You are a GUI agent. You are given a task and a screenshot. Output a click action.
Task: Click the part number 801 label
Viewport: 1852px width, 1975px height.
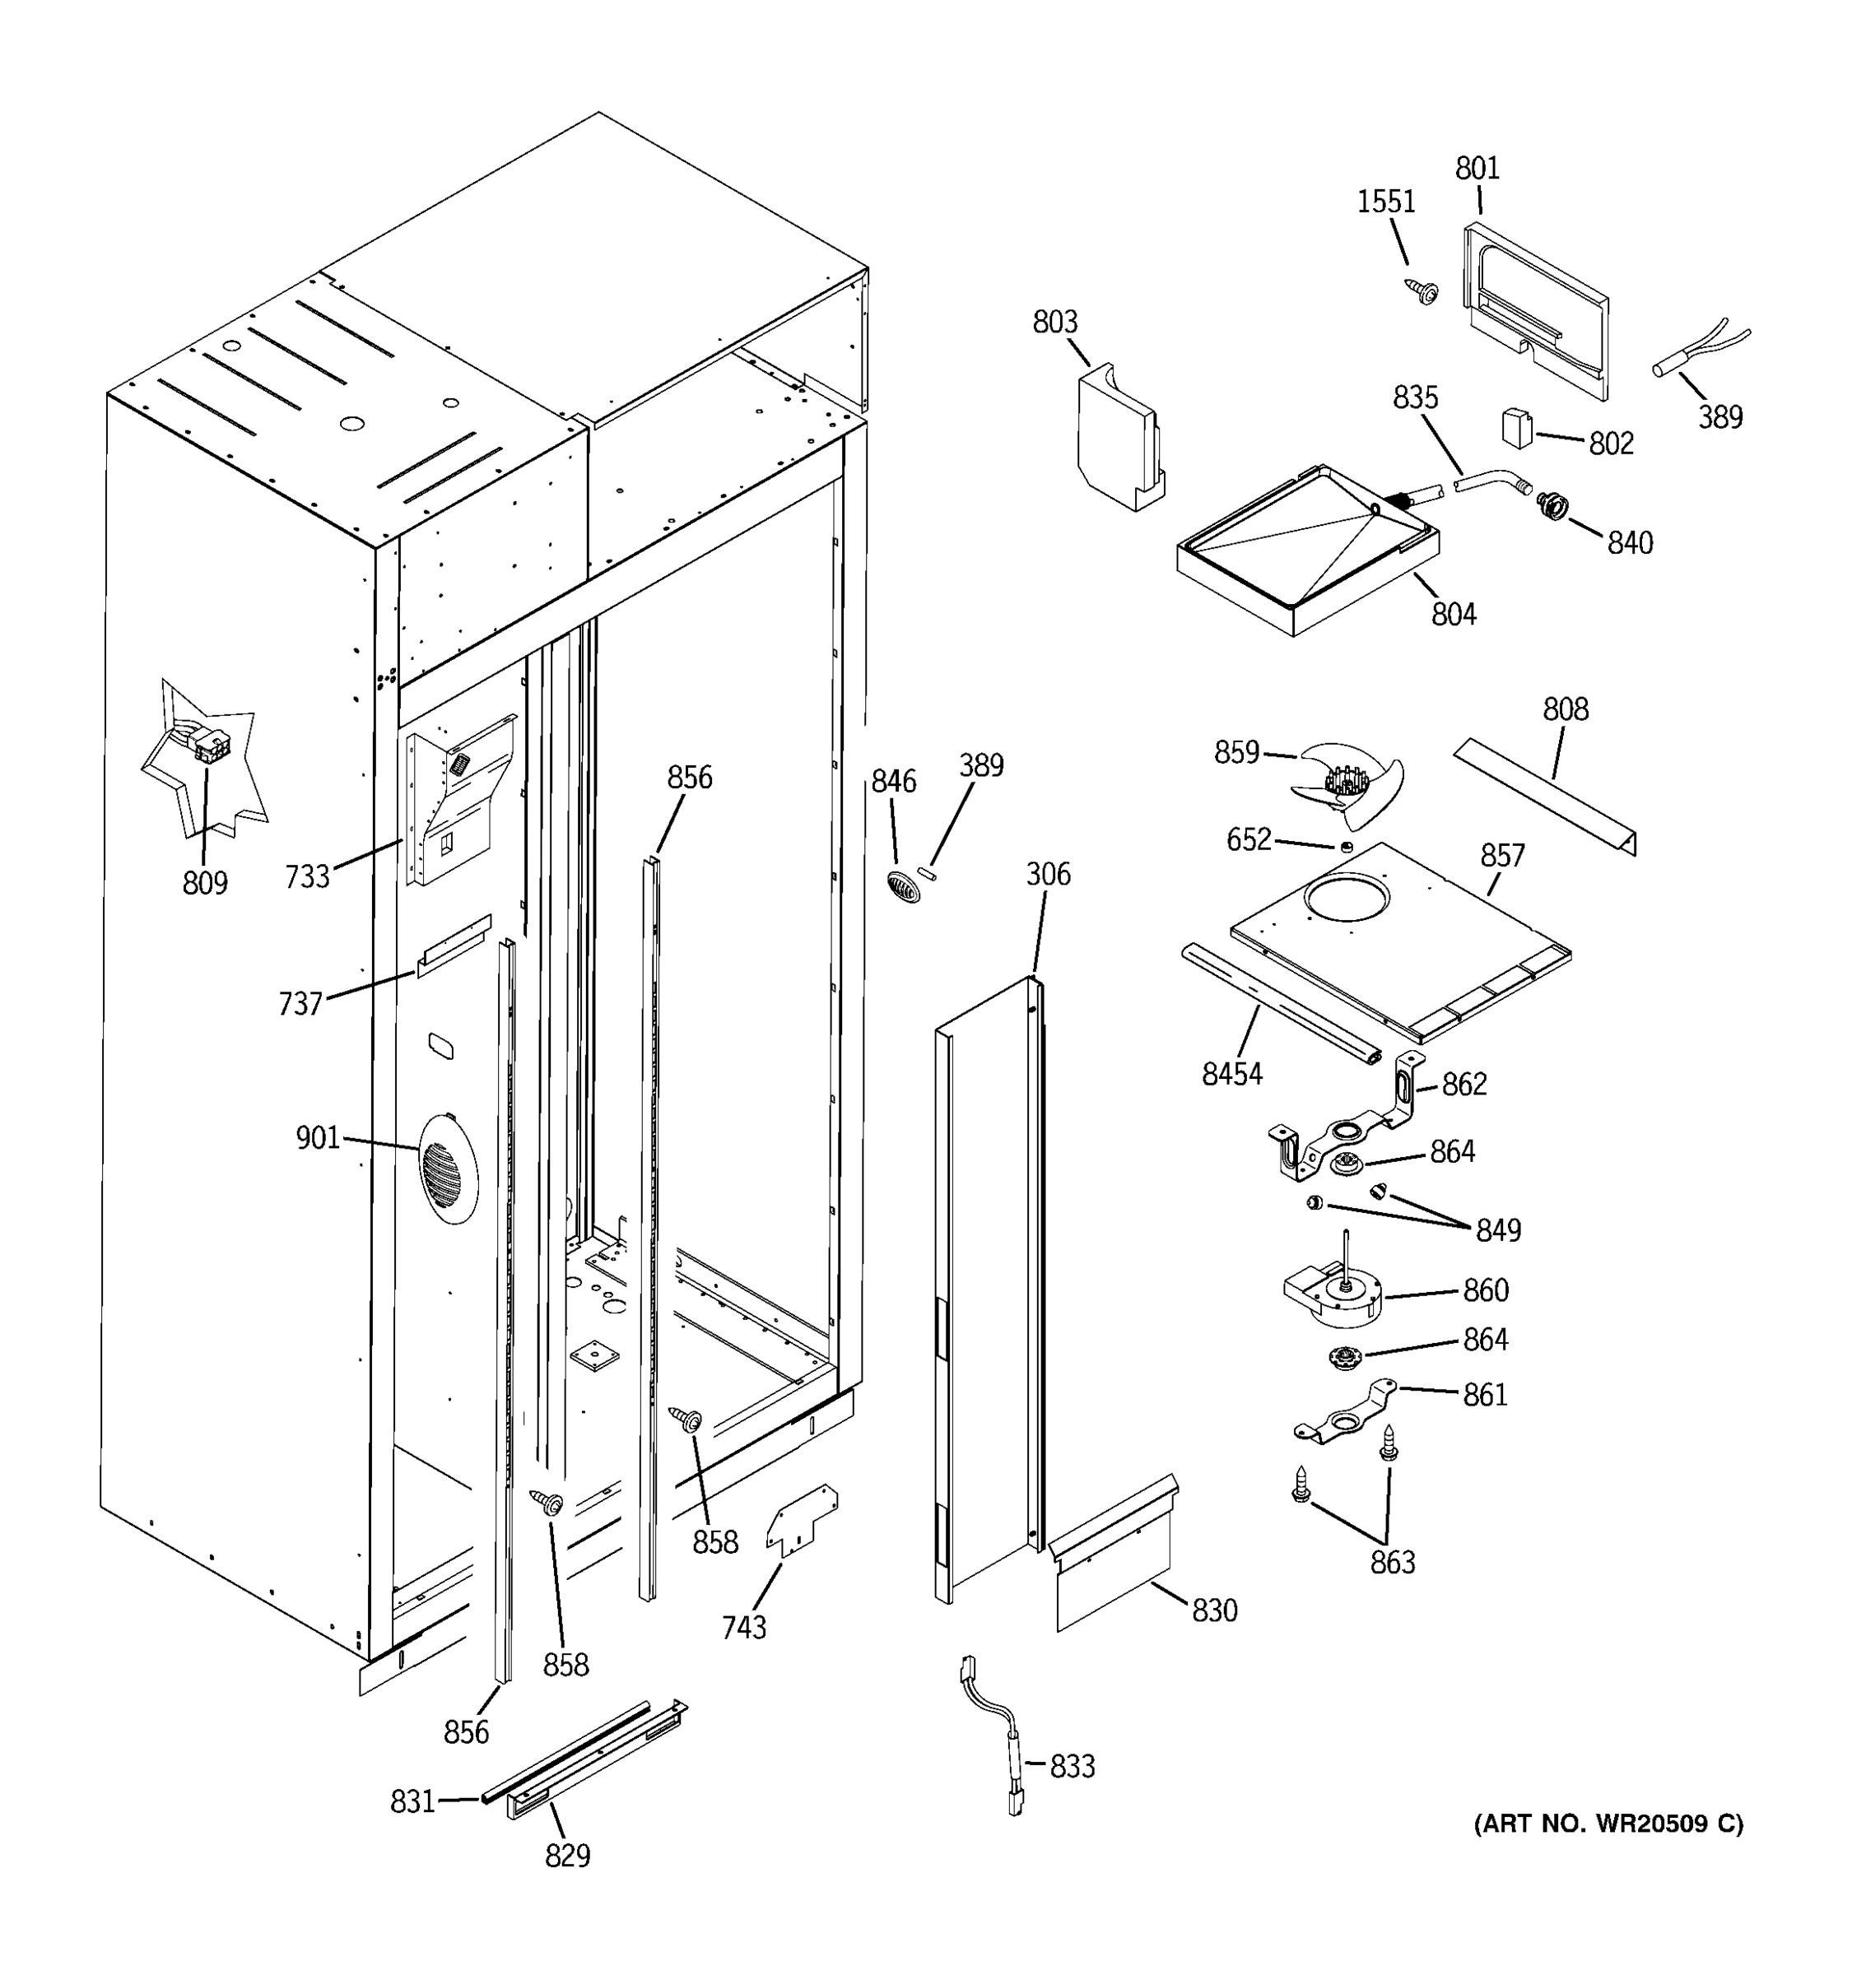pyautogui.click(x=1477, y=168)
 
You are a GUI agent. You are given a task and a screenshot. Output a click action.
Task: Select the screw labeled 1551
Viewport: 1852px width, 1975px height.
pyautogui.click(x=1423, y=291)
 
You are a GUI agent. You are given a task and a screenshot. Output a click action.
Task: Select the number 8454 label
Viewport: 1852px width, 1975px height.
pyautogui.click(x=1231, y=1073)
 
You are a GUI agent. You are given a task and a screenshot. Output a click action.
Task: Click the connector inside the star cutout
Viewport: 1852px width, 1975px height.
pyautogui.click(x=208, y=744)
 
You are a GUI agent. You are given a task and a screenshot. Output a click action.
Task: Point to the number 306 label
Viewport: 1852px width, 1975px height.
pyautogui.click(x=1047, y=874)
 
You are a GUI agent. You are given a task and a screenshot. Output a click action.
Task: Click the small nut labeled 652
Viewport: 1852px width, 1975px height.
pyautogui.click(x=1345, y=847)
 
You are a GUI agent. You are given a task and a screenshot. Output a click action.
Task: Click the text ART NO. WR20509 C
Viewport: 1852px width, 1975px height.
pyautogui.click(x=1607, y=1823)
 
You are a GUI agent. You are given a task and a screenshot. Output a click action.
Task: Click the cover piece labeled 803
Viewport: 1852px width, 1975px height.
pyautogui.click(x=1119, y=438)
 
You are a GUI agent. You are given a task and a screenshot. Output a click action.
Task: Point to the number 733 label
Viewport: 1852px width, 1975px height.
pyautogui.click(x=306, y=876)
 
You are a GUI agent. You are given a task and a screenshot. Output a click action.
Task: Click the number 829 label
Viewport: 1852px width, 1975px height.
pyautogui.click(x=567, y=1855)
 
